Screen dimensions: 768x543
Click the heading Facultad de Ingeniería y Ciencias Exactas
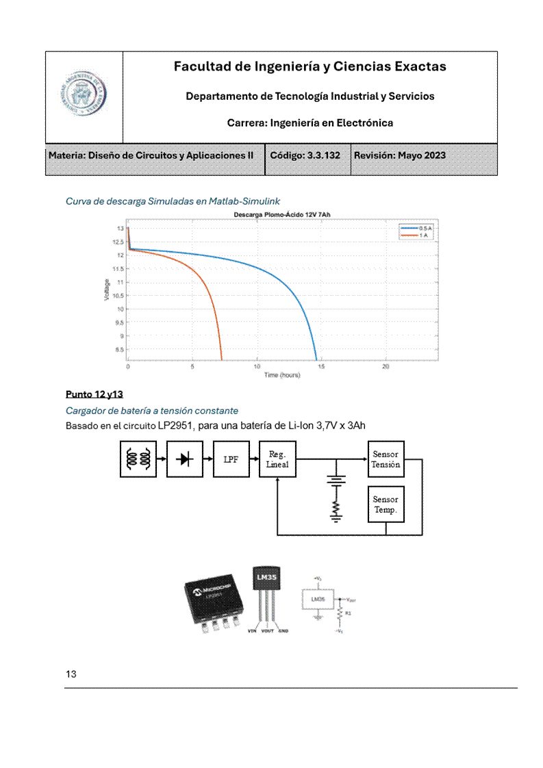click(x=310, y=66)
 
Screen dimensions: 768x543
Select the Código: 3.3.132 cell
click(x=305, y=155)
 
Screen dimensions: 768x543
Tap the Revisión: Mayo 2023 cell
click(x=400, y=155)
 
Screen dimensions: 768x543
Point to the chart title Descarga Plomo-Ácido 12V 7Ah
click(x=282, y=216)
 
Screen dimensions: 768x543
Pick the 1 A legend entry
click(x=417, y=235)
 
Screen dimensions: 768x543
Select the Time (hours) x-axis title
click(x=282, y=375)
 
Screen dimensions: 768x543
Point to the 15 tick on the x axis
click(x=321, y=367)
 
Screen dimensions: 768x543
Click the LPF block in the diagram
click(x=231, y=459)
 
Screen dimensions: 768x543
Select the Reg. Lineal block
click(x=277, y=459)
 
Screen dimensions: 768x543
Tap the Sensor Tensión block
click(x=386, y=459)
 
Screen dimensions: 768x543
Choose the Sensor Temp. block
click(x=386, y=504)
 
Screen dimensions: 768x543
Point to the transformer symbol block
click(x=138, y=459)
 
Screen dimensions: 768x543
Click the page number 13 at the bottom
click(x=71, y=674)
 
